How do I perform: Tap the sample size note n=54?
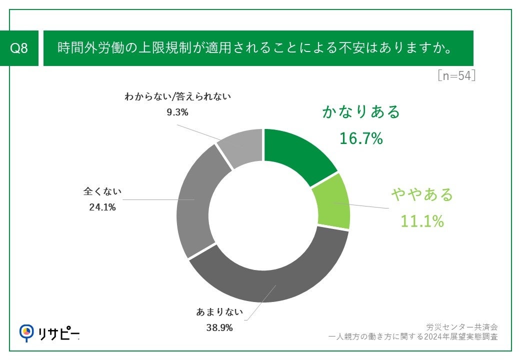[455, 76]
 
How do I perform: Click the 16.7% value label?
[361, 138]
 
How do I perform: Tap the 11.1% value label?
[422, 220]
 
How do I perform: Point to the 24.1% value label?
[102, 207]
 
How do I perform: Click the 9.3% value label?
[177, 112]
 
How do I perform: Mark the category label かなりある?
[361, 111]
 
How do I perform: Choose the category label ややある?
[422, 194]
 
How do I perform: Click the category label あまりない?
[219, 313]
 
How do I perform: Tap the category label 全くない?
[102, 191]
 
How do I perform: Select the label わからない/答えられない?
[177, 97]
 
